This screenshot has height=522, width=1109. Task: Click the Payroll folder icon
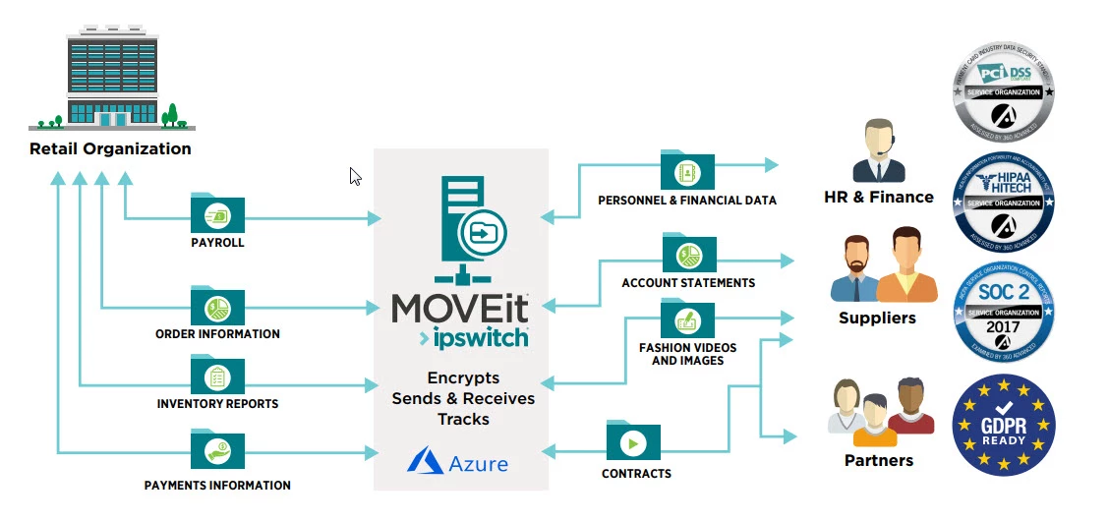tap(217, 213)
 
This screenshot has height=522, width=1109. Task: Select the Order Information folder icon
tap(217, 307)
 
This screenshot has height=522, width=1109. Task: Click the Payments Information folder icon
tap(217, 450)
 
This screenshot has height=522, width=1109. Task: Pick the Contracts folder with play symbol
tap(633, 442)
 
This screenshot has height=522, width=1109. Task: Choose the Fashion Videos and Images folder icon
tap(687, 319)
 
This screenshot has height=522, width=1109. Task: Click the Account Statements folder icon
tap(688, 254)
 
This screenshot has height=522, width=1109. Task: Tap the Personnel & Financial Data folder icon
tap(687, 171)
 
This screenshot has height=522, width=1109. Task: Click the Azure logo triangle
tap(426, 460)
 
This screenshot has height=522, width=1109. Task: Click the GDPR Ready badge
tap(1003, 425)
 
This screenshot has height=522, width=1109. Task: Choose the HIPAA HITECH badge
tap(1003, 199)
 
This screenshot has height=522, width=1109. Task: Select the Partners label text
tap(878, 460)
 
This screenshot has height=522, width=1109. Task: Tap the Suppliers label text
tap(877, 318)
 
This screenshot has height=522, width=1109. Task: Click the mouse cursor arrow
tap(355, 175)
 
